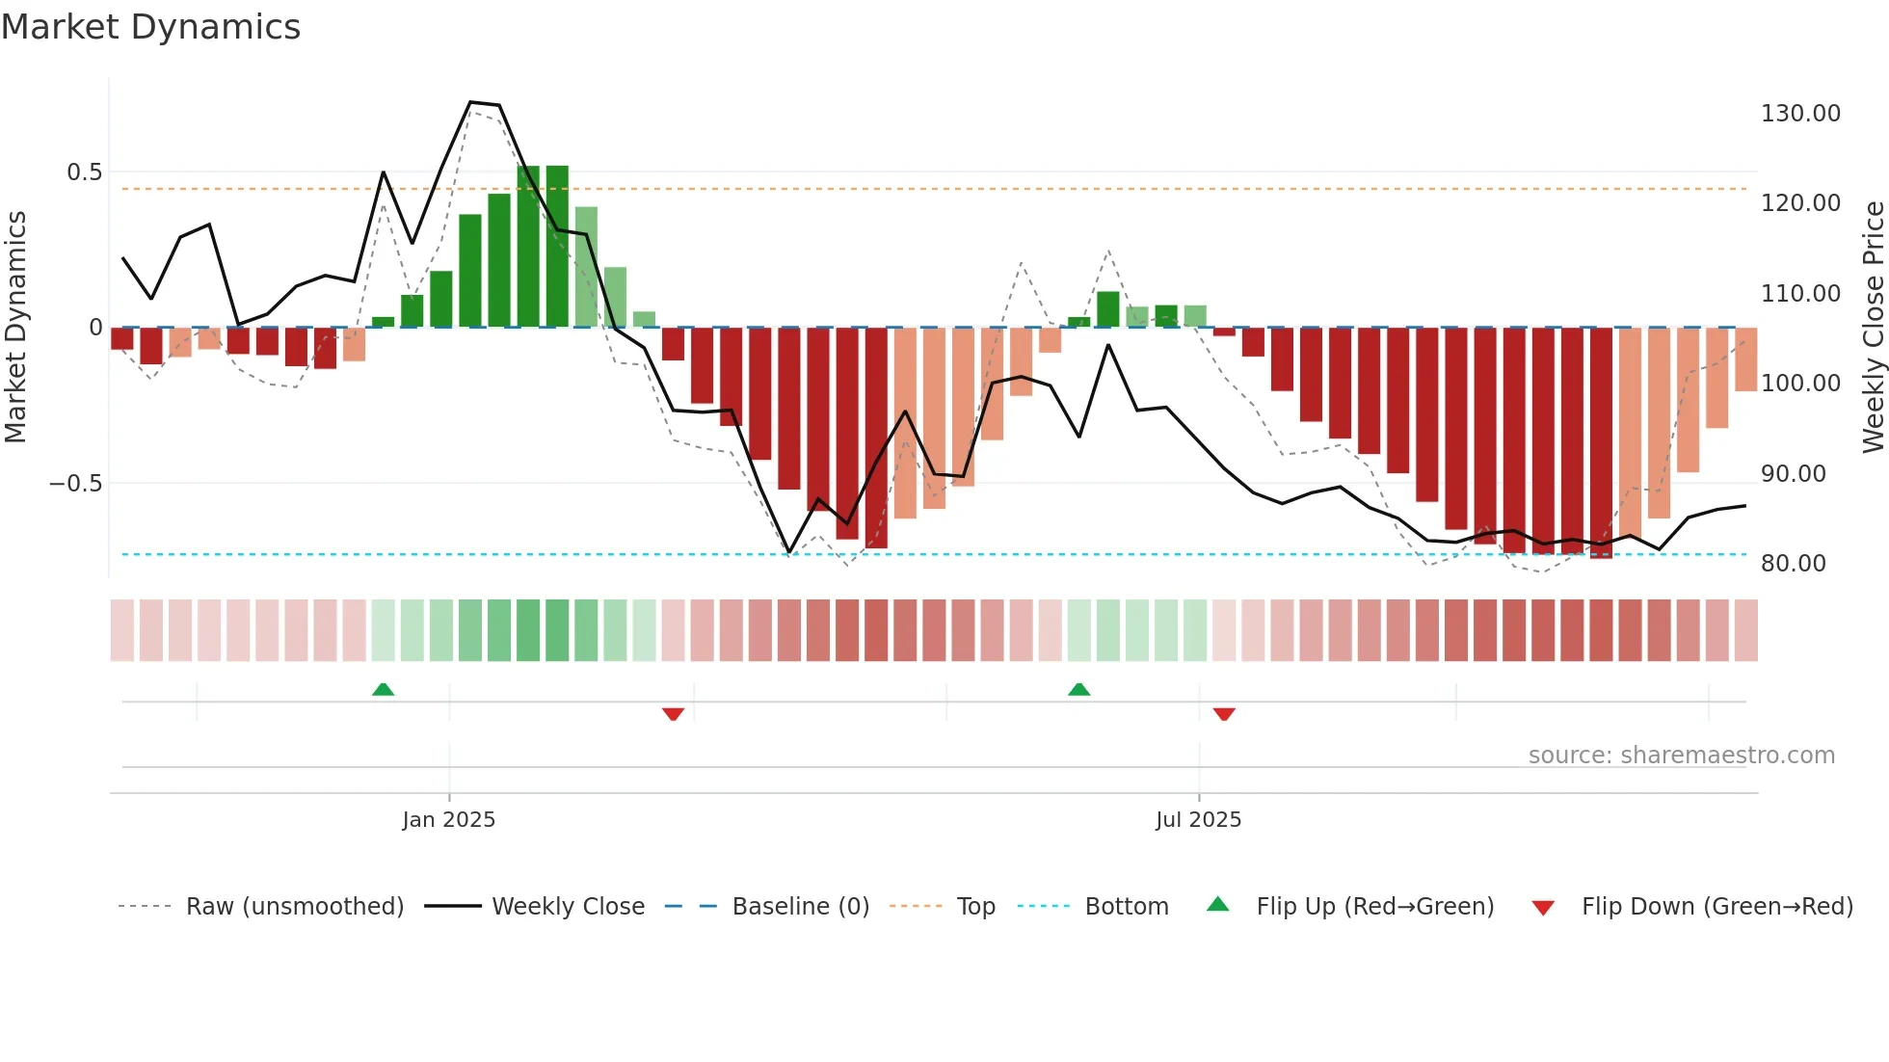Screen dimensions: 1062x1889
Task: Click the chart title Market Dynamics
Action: coord(150,27)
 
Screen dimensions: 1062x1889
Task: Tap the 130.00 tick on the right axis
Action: coord(1799,114)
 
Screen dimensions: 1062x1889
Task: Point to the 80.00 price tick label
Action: coord(1793,564)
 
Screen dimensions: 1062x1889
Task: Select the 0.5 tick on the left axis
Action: coord(84,173)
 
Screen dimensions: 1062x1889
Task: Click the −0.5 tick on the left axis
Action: coord(76,484)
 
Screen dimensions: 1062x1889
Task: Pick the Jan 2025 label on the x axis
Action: coord(448,820)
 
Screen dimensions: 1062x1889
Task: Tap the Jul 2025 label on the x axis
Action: coord(1198,820)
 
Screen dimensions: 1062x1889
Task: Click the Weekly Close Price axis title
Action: coord(1873,327)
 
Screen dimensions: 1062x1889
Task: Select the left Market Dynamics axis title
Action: coord(15,327)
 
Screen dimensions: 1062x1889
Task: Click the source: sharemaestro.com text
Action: coord(1681,756)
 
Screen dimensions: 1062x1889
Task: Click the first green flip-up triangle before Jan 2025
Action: coord(383,689)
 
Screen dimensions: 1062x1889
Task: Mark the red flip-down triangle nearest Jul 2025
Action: coord(1224,714)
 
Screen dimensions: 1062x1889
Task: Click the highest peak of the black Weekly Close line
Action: coord(470,102)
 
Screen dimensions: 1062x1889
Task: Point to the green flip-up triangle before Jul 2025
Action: coord(1078,689)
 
